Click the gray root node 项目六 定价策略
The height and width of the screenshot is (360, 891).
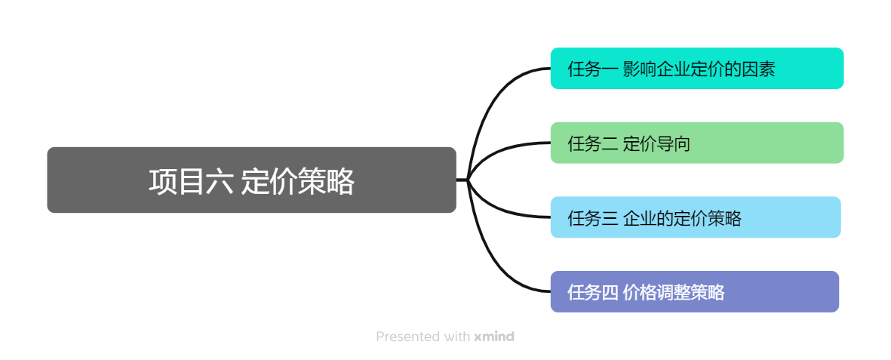[251, 180]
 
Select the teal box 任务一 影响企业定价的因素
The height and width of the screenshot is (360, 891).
[696, 69]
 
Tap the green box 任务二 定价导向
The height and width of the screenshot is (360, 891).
[696, 143]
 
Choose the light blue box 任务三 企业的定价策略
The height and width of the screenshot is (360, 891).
[695, 217]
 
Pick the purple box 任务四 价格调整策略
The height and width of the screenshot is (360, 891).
[694, 291]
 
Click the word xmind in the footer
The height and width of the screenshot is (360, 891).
[494, 337]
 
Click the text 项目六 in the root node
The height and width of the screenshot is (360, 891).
[190, 182]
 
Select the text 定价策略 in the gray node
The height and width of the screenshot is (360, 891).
[298, 182]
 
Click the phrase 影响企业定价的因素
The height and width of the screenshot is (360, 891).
[699, 69]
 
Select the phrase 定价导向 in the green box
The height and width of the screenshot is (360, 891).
[656, 143]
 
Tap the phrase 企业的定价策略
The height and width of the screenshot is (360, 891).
[682, 218]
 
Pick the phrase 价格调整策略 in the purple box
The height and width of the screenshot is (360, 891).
[674, 292]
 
